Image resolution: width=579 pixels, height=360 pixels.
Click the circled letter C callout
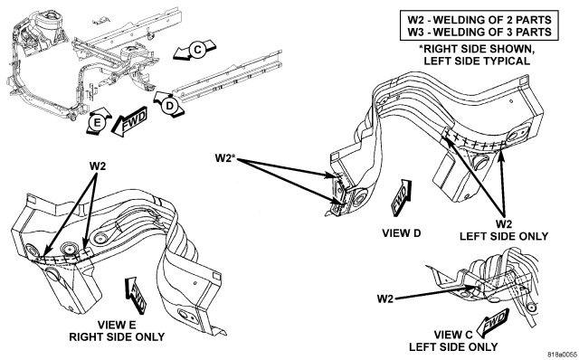tap(197, 50)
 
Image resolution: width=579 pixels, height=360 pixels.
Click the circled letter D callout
tap(169, 106)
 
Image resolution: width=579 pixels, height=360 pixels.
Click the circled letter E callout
tap(97, 122)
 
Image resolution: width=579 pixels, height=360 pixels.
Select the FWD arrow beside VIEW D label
tap(401, 196)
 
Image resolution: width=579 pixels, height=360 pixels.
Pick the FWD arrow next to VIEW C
tap(492, 322)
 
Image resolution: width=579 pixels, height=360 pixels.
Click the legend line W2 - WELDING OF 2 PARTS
tap(479, 20)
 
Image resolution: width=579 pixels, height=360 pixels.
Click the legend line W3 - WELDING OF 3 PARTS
tap(479, 32)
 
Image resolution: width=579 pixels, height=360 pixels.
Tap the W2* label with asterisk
tap(225, 158)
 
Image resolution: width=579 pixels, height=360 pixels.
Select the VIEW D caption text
tap(402, 233)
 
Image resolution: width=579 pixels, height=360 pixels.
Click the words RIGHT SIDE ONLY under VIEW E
tap(117, 337)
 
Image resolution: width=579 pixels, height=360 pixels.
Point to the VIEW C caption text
tap(453, 335)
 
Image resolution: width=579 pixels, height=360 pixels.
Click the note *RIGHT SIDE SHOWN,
tap(477, 49)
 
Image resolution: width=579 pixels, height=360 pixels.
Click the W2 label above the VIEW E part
tap(98, 166)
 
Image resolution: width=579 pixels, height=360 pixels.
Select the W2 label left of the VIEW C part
tap(385, 298)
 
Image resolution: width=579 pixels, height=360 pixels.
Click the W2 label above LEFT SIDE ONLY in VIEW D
tap(504, 223)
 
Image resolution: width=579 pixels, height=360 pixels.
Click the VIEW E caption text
tap(117, 325)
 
